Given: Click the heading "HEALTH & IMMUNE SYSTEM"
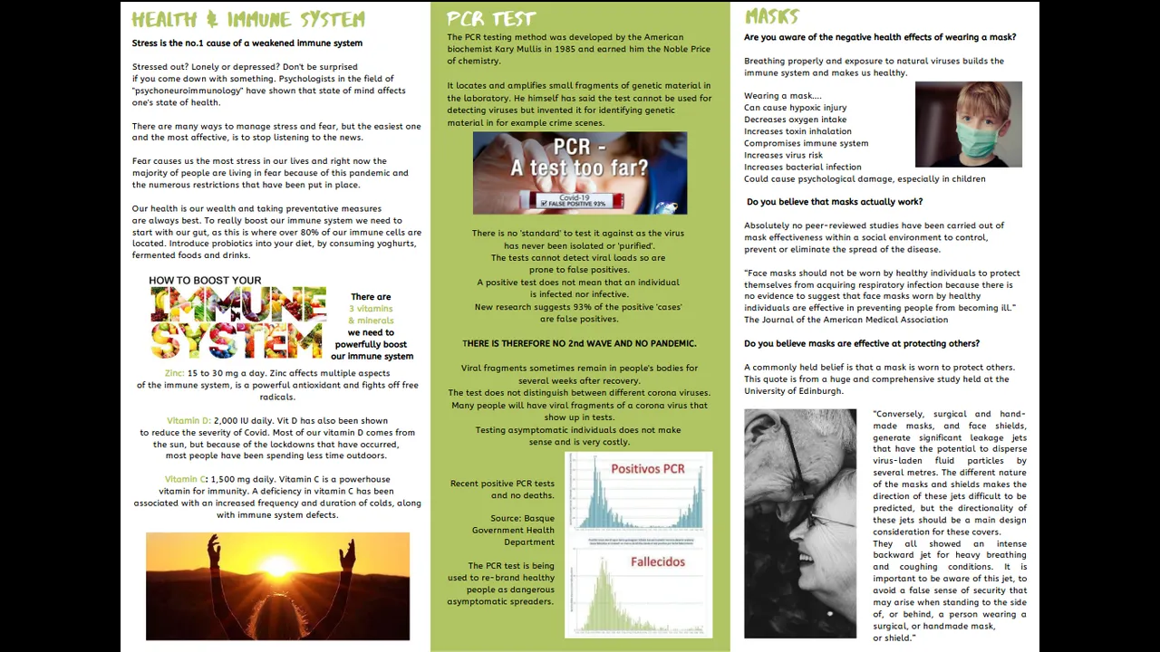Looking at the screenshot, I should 247,19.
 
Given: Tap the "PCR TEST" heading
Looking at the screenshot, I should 491,18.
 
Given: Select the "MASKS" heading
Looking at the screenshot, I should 771,16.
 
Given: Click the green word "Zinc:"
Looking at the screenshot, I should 174,373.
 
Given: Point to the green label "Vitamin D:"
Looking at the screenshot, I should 188,421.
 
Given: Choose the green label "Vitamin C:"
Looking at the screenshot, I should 186,479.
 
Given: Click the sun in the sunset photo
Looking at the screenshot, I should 277,567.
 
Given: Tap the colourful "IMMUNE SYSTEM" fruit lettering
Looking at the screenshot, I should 237,322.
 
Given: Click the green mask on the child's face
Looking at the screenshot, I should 967,140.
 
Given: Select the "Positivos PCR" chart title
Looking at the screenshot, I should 647,468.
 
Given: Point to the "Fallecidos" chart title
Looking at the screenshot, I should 657,561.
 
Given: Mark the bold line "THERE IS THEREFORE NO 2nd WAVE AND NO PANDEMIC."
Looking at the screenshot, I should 579,343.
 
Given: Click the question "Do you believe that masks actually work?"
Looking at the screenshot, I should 835,202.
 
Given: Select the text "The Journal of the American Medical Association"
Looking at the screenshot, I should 846,320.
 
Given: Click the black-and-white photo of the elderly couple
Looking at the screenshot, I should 799,523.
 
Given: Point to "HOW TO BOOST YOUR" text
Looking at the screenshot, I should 205,281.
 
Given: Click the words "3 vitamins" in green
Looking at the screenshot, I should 371,309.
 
